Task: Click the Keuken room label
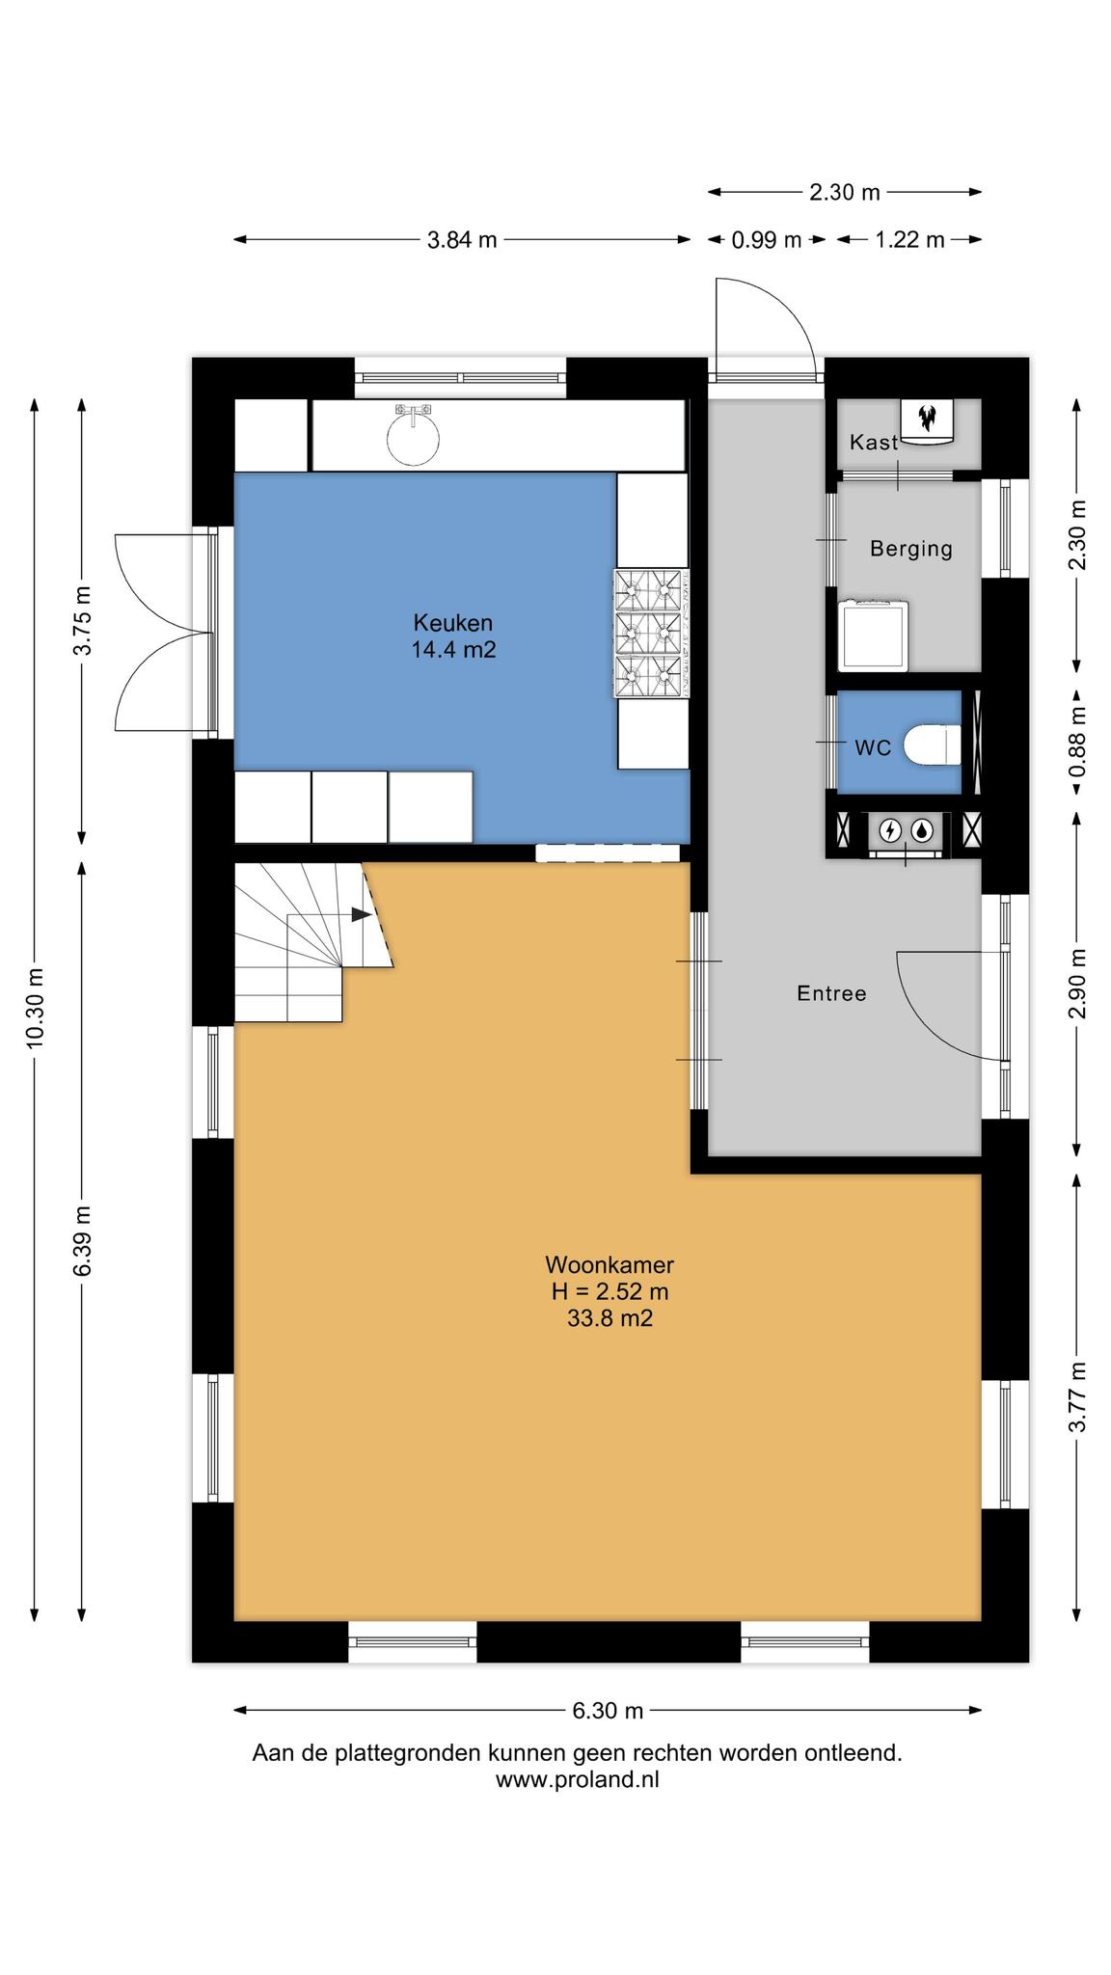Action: tap(453, 622)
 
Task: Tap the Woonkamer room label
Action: tap(610, 1264)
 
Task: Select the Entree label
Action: tap(831, 993)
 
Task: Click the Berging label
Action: tap(910, 549)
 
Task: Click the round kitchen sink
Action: tap(413, 436)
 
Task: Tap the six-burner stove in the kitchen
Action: tap(653, 633)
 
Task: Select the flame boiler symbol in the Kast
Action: tap(928, 418)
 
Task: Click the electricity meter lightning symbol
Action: tap(892, 829)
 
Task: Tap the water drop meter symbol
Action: tap(924, 829)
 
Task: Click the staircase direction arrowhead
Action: tap(362, 914)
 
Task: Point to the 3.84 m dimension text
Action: tap(462, 240)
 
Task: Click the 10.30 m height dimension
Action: tap(35, 1009)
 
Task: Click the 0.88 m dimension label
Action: tap(1078, 743)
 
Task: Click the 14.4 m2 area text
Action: tap(453, 649)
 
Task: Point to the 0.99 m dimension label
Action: tap(767, 240)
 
